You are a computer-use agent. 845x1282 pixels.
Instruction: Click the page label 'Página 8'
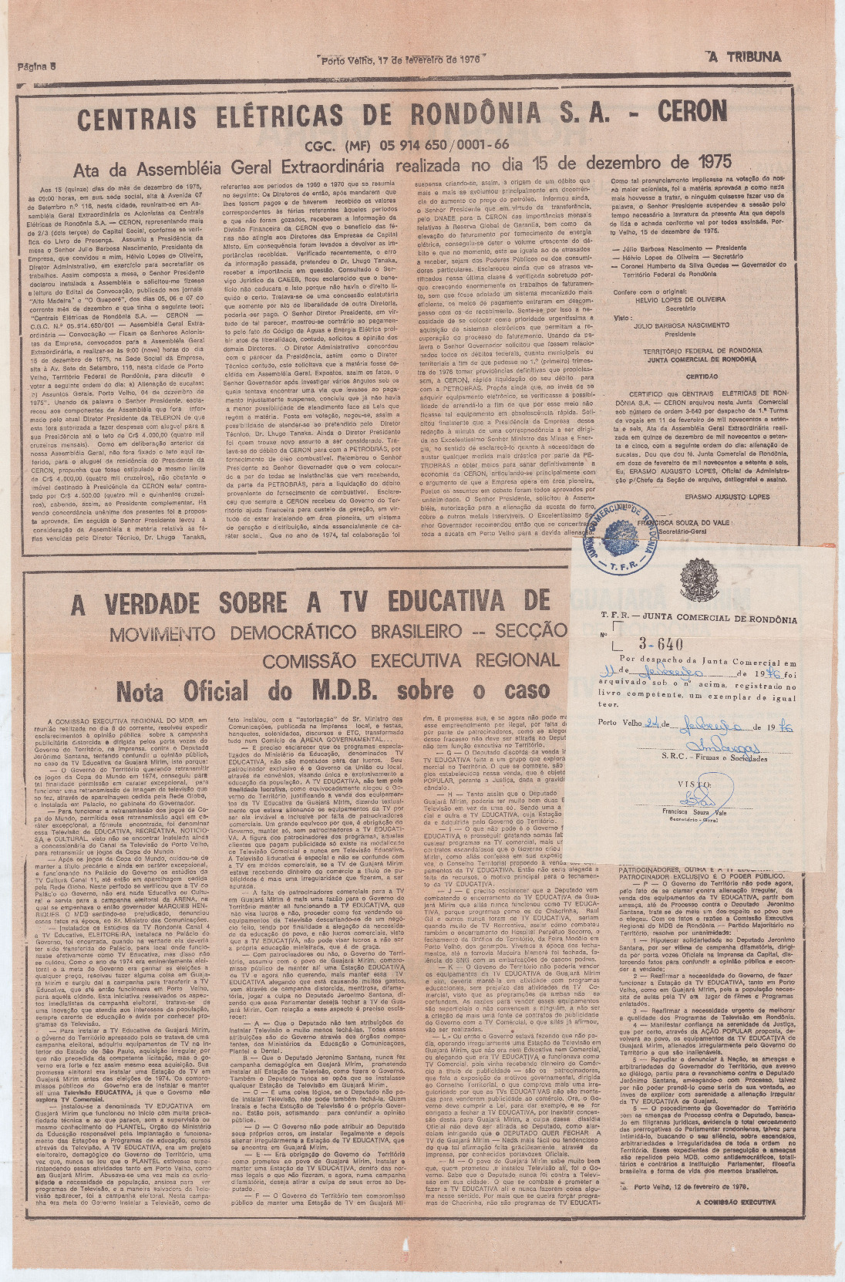[37, 66]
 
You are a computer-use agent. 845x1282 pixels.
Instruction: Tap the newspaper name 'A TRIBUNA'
[745, 56]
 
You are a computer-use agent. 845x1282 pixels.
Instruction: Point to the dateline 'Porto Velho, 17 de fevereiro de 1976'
[400, 59]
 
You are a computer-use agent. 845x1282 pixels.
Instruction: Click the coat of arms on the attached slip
[699, 580]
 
